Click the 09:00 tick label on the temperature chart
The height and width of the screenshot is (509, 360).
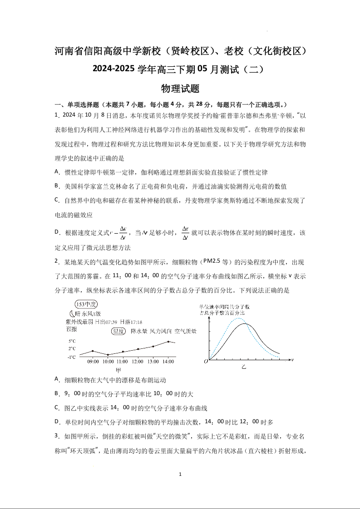click(93, 362)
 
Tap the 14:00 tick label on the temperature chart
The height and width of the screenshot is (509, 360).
click(168, 362)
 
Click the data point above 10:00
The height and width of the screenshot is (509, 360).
click(108, 355)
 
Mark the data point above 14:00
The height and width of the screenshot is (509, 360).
click(168, 341)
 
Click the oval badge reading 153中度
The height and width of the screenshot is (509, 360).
click(87, 304)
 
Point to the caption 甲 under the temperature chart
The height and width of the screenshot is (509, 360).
click(118, 370)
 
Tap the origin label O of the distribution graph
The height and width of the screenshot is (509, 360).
click(206, 362)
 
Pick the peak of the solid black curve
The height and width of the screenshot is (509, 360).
click(246, 323)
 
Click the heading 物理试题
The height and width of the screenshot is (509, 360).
click(180, 88)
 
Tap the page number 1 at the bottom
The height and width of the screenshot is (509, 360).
click(180, 475)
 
